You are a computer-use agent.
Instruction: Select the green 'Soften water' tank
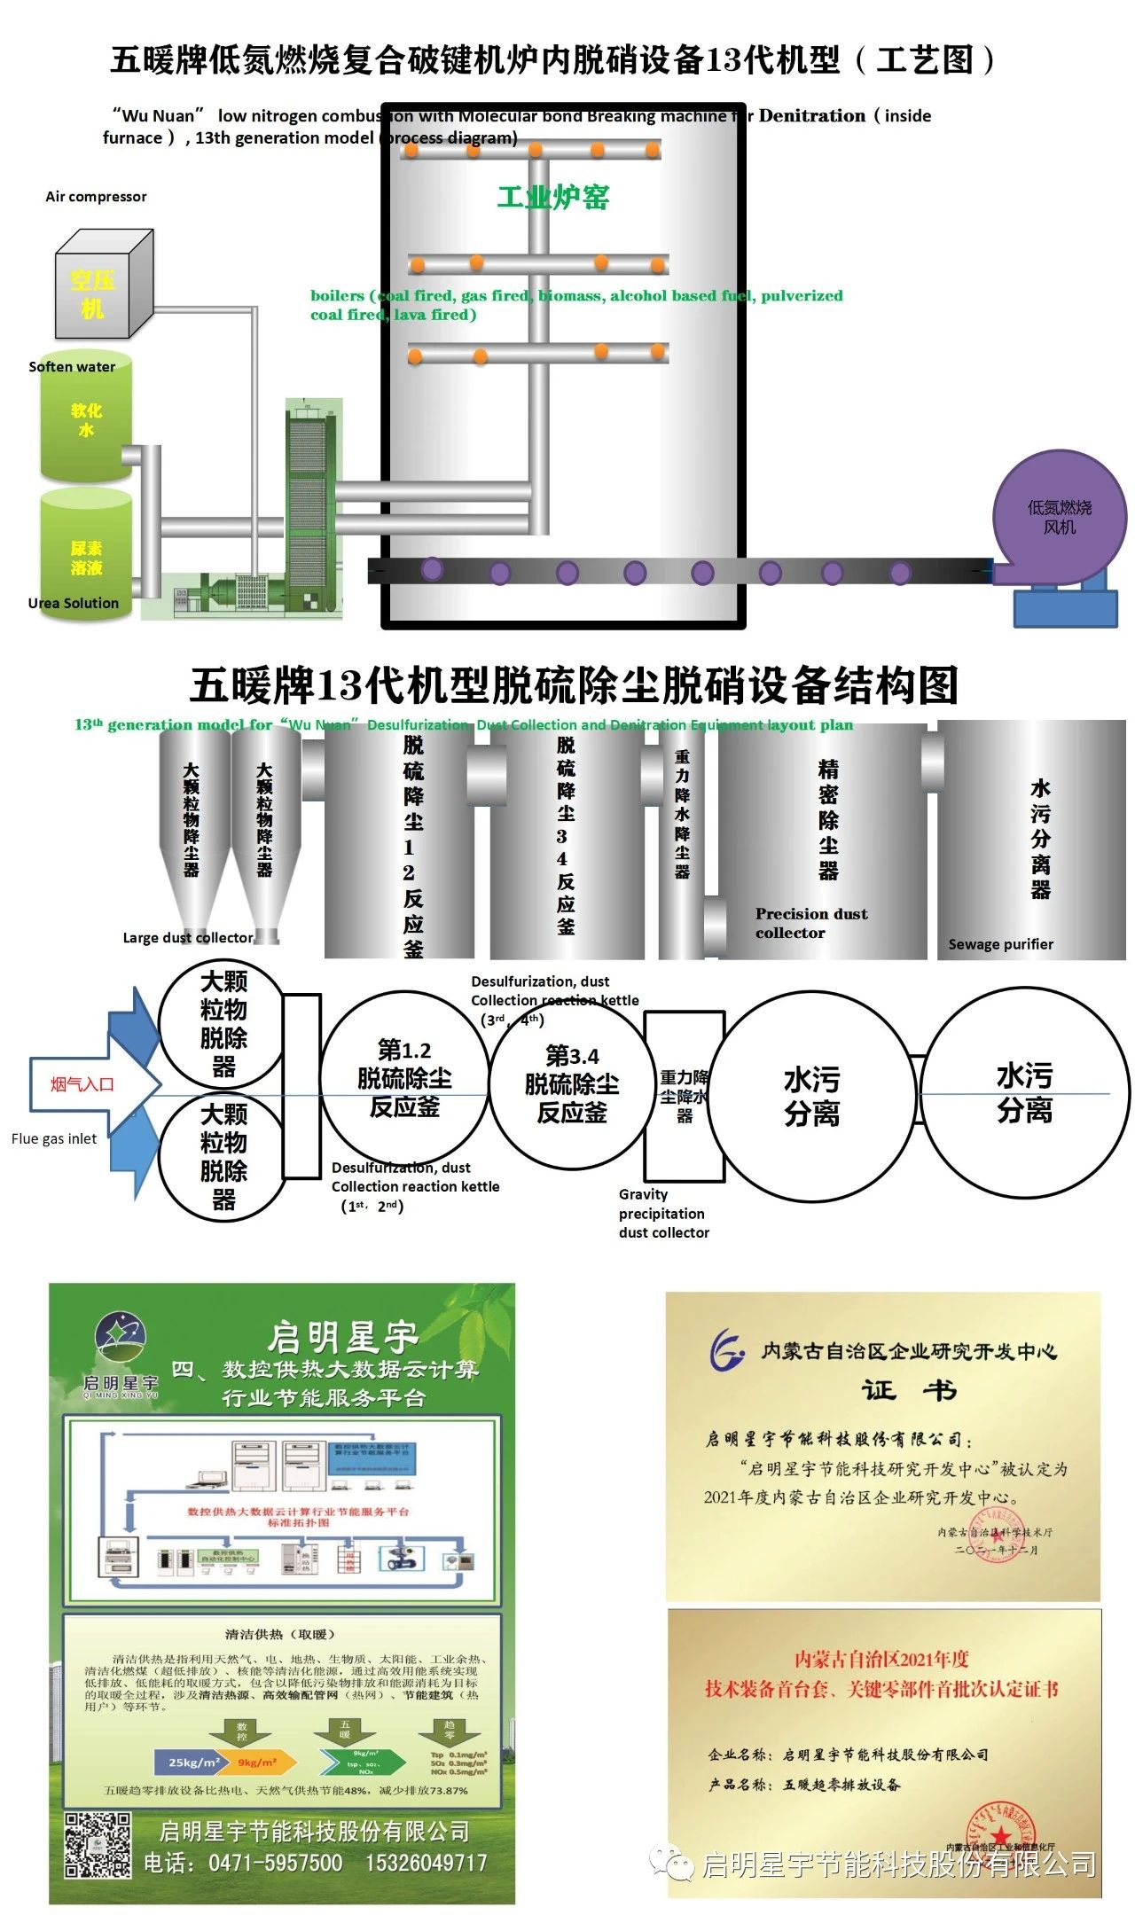[86, 420]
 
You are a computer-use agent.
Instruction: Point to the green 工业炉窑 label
[552, 197]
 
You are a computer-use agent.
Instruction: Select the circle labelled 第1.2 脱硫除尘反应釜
[404, 1078]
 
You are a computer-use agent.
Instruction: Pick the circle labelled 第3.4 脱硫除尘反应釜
[572, 1083]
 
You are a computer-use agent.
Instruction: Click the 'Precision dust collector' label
[810, 923]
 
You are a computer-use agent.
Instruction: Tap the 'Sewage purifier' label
[1000, 944]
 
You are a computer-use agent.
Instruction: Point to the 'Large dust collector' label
[188, 937]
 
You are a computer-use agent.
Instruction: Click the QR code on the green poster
[98, 1844]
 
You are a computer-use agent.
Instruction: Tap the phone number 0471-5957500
[275, 1863]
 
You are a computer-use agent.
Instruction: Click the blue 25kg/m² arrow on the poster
[192, 1762]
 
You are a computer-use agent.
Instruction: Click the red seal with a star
[1000, 1831]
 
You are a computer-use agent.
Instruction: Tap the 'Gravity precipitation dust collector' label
[663, 1213]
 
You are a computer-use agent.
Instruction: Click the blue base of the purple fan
[1065, 607]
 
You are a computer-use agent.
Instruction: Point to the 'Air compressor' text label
[96, 197]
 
